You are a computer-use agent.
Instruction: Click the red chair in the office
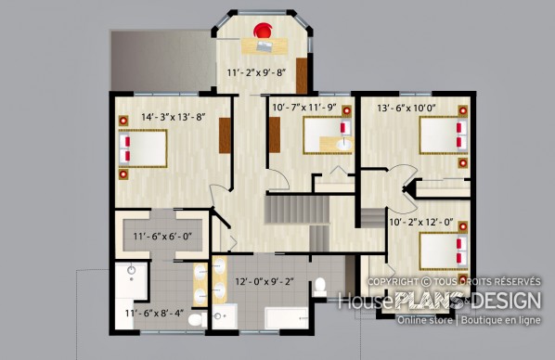(263, 31)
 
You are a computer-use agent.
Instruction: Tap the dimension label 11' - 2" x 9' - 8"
(256, 72)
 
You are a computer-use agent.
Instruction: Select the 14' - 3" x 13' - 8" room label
(174, 117)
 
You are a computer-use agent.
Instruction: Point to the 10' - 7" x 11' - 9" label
(304, 108)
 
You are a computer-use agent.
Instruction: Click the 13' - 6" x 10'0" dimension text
(406, 108)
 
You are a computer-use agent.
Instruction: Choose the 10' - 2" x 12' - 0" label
(421, 222)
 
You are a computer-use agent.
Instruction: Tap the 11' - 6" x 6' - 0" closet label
(162, 236)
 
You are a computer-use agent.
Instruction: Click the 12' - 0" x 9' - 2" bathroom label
(265, 282)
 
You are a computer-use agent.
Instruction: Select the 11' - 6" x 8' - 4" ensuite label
(154, 314)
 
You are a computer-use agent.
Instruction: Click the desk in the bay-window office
(265, 46)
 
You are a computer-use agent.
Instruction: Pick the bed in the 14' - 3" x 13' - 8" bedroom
(143, 148)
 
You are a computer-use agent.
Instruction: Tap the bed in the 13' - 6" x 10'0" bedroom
(443, 135)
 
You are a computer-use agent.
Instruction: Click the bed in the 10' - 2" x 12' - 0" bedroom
(443, 251)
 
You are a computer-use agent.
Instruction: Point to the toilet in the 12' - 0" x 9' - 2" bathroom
(320, 287)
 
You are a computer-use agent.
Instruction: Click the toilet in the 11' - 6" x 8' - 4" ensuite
(197, 320)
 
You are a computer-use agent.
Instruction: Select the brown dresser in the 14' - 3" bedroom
(225, 135)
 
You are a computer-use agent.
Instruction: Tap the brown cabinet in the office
(302, 76)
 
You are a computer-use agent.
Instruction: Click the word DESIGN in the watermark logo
(506, 301)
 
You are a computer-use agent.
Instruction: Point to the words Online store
(425, 320)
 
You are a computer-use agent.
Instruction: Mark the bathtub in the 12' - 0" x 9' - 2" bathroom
(287, 318)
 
